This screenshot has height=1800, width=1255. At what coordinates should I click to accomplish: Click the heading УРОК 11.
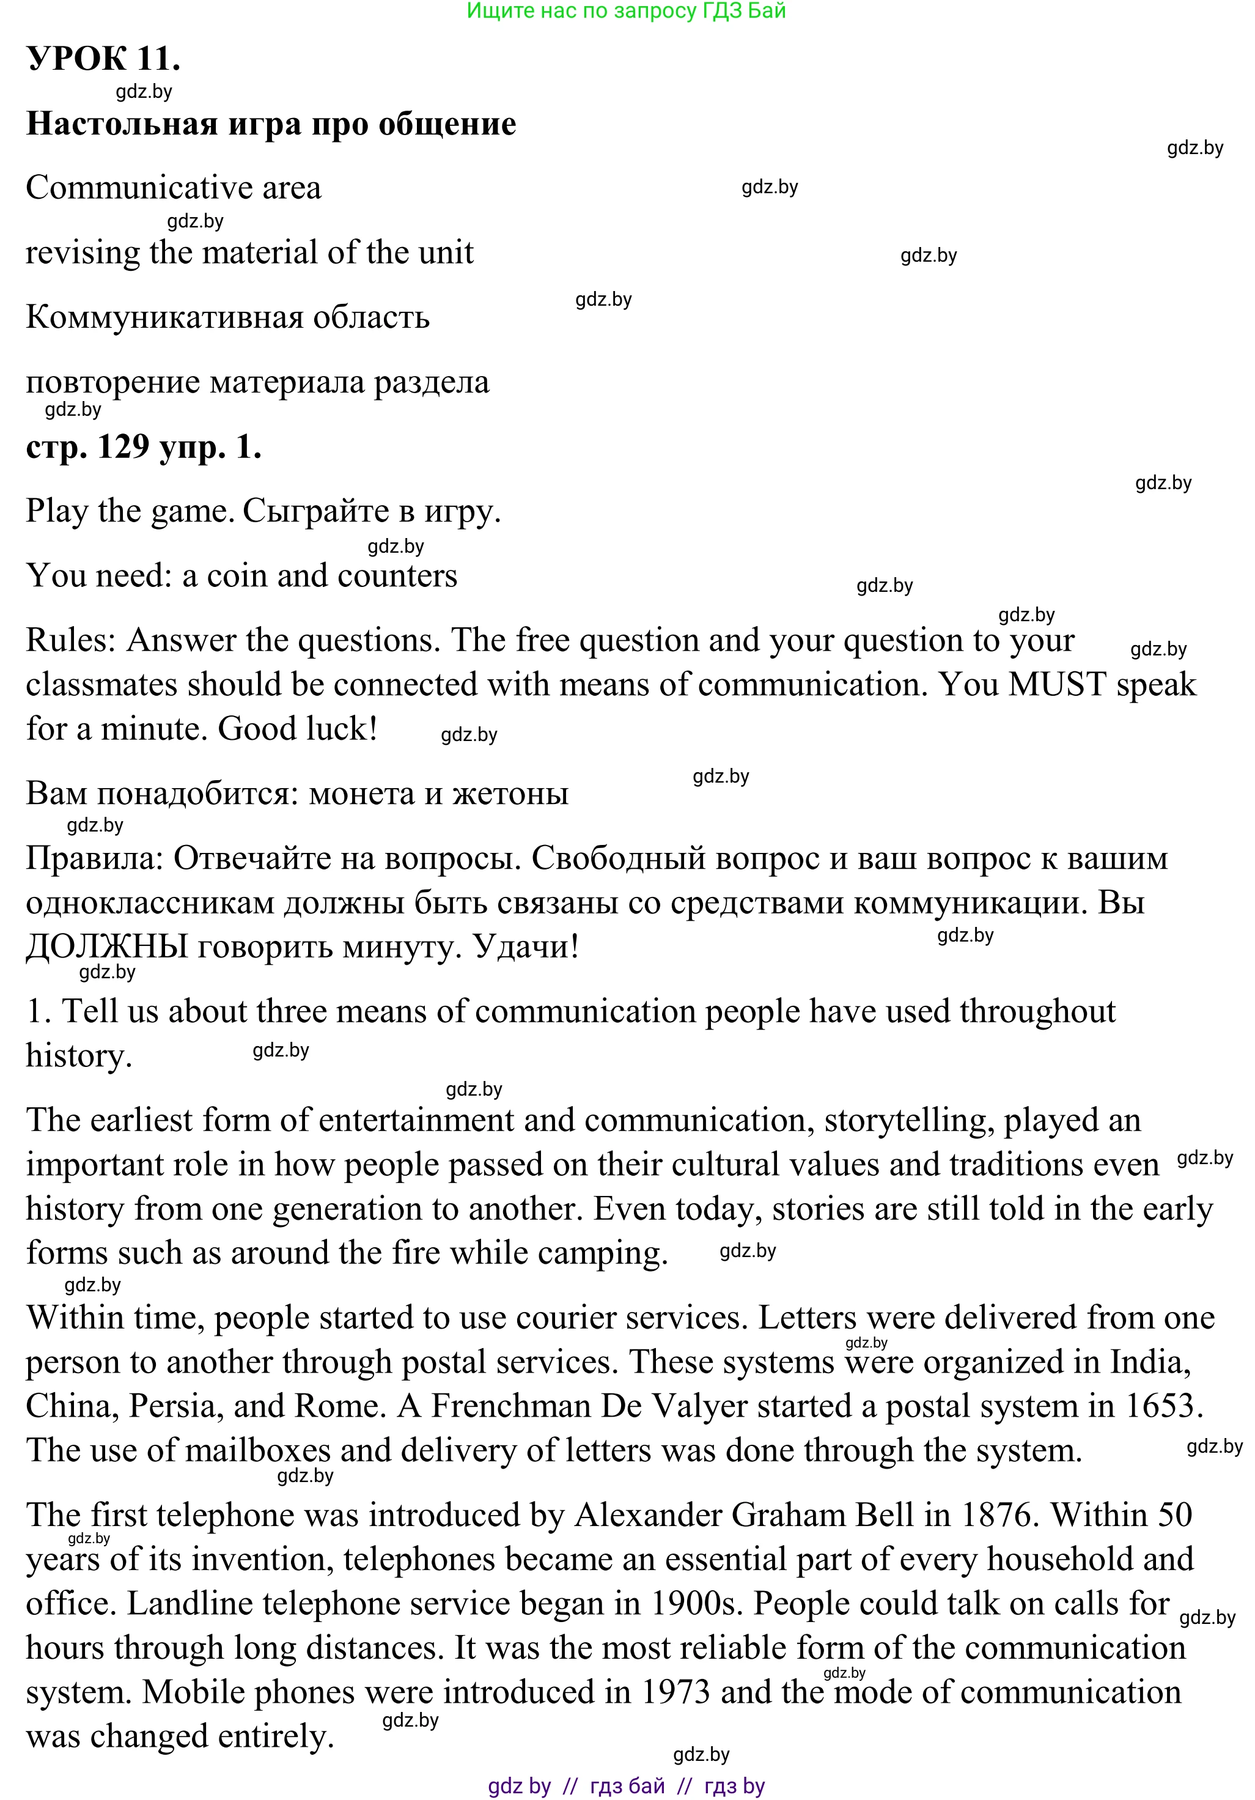point(103,59)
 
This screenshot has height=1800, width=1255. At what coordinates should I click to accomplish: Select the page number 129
point(123,447)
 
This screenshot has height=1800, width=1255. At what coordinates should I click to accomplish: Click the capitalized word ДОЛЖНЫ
point(106,947)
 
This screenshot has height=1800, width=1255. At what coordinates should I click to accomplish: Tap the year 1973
point(675,1692)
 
